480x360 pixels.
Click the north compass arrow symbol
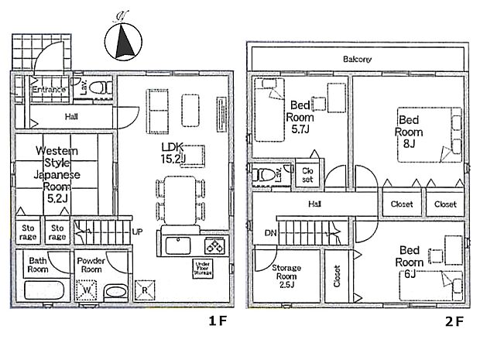(x=123, y=42)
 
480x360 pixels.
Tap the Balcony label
(x=358, y=59)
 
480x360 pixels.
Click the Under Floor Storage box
(x=202, y=268)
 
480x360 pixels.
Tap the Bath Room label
(x=39, y=265)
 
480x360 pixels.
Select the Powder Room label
(x=91, y=265)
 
